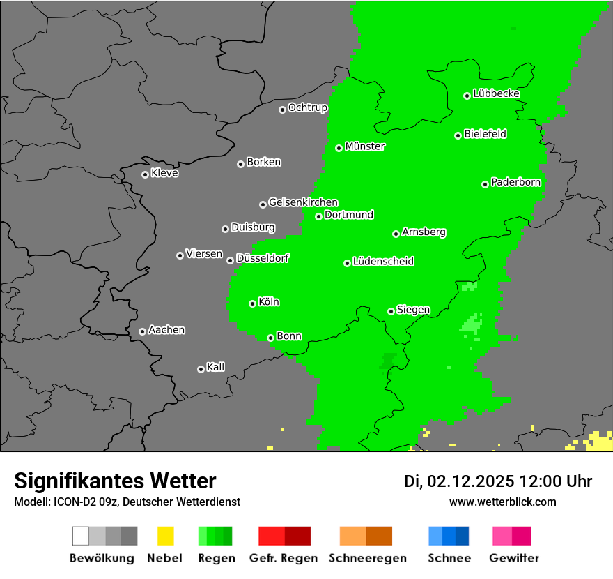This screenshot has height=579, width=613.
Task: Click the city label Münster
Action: click(365, 146)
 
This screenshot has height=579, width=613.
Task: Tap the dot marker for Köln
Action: click(252, 303)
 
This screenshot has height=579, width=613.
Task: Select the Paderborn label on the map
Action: click(516, 183)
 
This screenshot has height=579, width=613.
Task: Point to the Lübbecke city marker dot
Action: click(467, 96)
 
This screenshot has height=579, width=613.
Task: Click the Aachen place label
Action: click(166, 330)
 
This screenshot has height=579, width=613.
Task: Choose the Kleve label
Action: click(165, 173)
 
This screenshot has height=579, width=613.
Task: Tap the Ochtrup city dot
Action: click(282, 110)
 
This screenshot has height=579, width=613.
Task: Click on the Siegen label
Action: click(413, 310)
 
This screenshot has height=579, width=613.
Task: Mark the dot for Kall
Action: click(201, 369)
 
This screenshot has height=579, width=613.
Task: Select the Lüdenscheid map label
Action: click(383, 262)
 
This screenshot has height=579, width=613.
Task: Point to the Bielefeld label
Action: click(486, 134)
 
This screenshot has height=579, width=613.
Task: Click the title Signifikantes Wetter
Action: click(115, 481)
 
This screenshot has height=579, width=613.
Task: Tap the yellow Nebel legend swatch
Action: click(165, 536)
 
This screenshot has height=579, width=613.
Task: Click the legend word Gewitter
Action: click(514, 558)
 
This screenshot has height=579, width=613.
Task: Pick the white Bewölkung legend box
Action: click(80, 536)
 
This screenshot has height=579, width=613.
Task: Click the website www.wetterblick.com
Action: click(502, 502)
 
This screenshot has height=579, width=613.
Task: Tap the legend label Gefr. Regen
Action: click(284, 558)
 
